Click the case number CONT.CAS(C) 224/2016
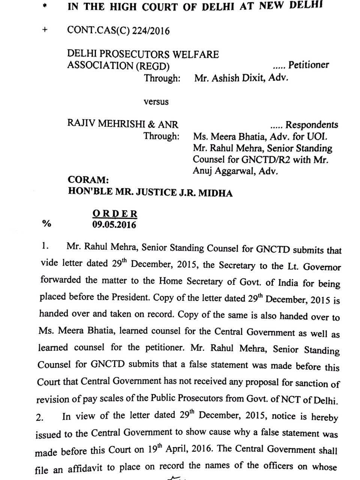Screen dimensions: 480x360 [x=118, y=30]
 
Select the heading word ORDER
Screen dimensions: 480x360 [x=115, y=214]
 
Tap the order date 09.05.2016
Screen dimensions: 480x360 [x=114, y=225]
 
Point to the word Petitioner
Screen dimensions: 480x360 [x=309, y=65]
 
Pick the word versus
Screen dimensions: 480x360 [x=156, y=102]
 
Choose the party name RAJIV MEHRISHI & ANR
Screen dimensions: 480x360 [x=123, y=124]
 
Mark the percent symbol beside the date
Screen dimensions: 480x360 [x=46, y=223]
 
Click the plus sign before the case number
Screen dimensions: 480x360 [x=45, y=30]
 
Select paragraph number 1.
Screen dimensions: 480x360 [x=45, y=246]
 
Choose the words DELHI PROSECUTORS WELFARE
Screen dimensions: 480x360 [x=143, y=54]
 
